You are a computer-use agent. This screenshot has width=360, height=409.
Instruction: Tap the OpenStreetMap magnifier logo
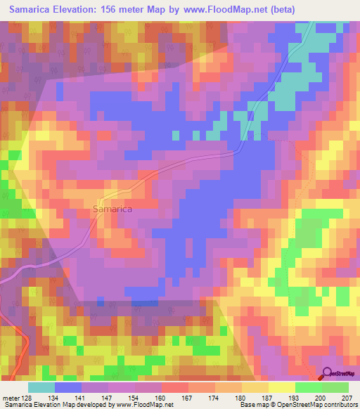(328, 374)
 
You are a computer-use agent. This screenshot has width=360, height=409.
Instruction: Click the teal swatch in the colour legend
(41, 387)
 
